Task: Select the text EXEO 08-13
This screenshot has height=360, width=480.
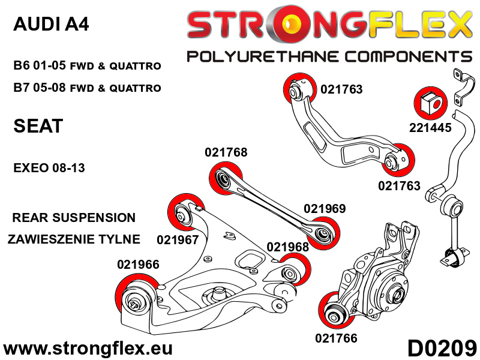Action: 49,168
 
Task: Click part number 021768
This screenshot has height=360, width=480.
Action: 226,153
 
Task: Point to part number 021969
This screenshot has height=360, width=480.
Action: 325,209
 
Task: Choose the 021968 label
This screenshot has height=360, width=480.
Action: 287,247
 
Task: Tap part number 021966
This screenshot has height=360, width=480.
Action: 138,265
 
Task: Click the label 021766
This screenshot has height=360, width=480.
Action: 336,338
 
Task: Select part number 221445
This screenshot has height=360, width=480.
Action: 431,128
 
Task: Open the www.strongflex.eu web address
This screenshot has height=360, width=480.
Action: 88,348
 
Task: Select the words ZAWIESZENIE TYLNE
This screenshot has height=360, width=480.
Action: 74,239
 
